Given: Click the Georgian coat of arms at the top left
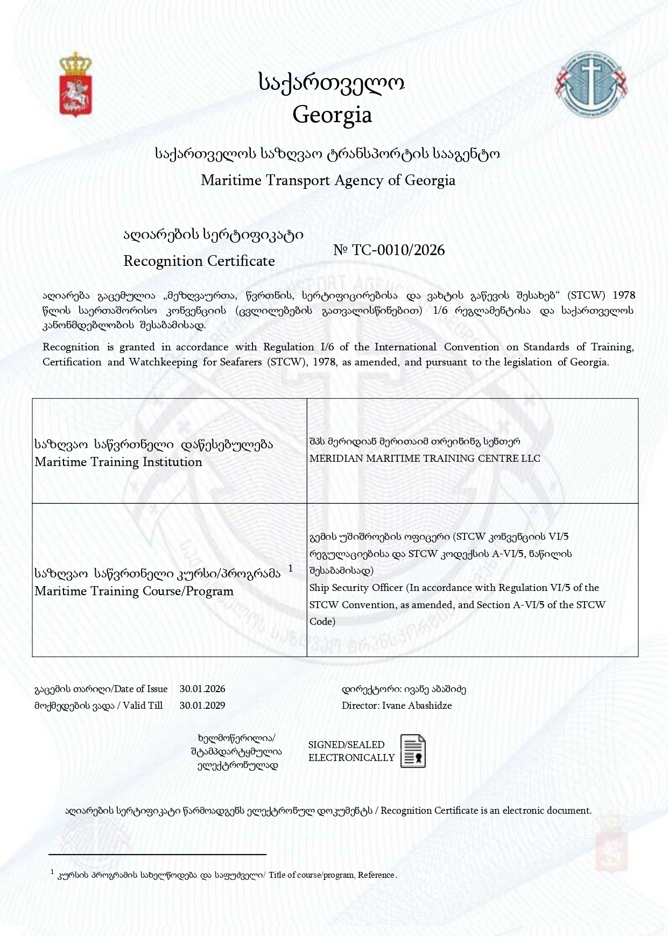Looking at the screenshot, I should click(x=75, y=84).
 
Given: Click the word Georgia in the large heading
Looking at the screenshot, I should click(x=332, y=115).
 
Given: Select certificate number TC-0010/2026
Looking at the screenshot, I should click(x=398, y=250).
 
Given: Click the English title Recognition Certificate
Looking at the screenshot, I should click(x=199, y=261).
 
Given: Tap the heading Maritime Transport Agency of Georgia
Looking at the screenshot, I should click(x=328, y=180).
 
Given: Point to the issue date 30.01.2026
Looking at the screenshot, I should click(x=202, y=689).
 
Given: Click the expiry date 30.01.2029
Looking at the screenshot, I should click(x=202, y=706).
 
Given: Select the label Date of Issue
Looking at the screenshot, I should click(x=141, y=689).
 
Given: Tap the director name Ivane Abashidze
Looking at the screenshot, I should click(x=417, y=706).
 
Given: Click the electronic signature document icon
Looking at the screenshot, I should click(x=413, y=751).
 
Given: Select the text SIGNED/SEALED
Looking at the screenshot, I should click(x=346, y=745).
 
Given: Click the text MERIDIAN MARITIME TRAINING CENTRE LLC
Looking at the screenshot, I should click(x=424, y=459).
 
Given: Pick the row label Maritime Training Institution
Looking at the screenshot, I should click(x=118, y=462).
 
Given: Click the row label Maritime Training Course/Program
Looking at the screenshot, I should click(x=134, y=591).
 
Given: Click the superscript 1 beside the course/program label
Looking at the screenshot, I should click(x=291, y=568).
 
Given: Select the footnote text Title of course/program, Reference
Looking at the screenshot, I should click(x=332, y=875).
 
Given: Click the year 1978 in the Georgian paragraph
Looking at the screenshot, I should click(x=624, y=295).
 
